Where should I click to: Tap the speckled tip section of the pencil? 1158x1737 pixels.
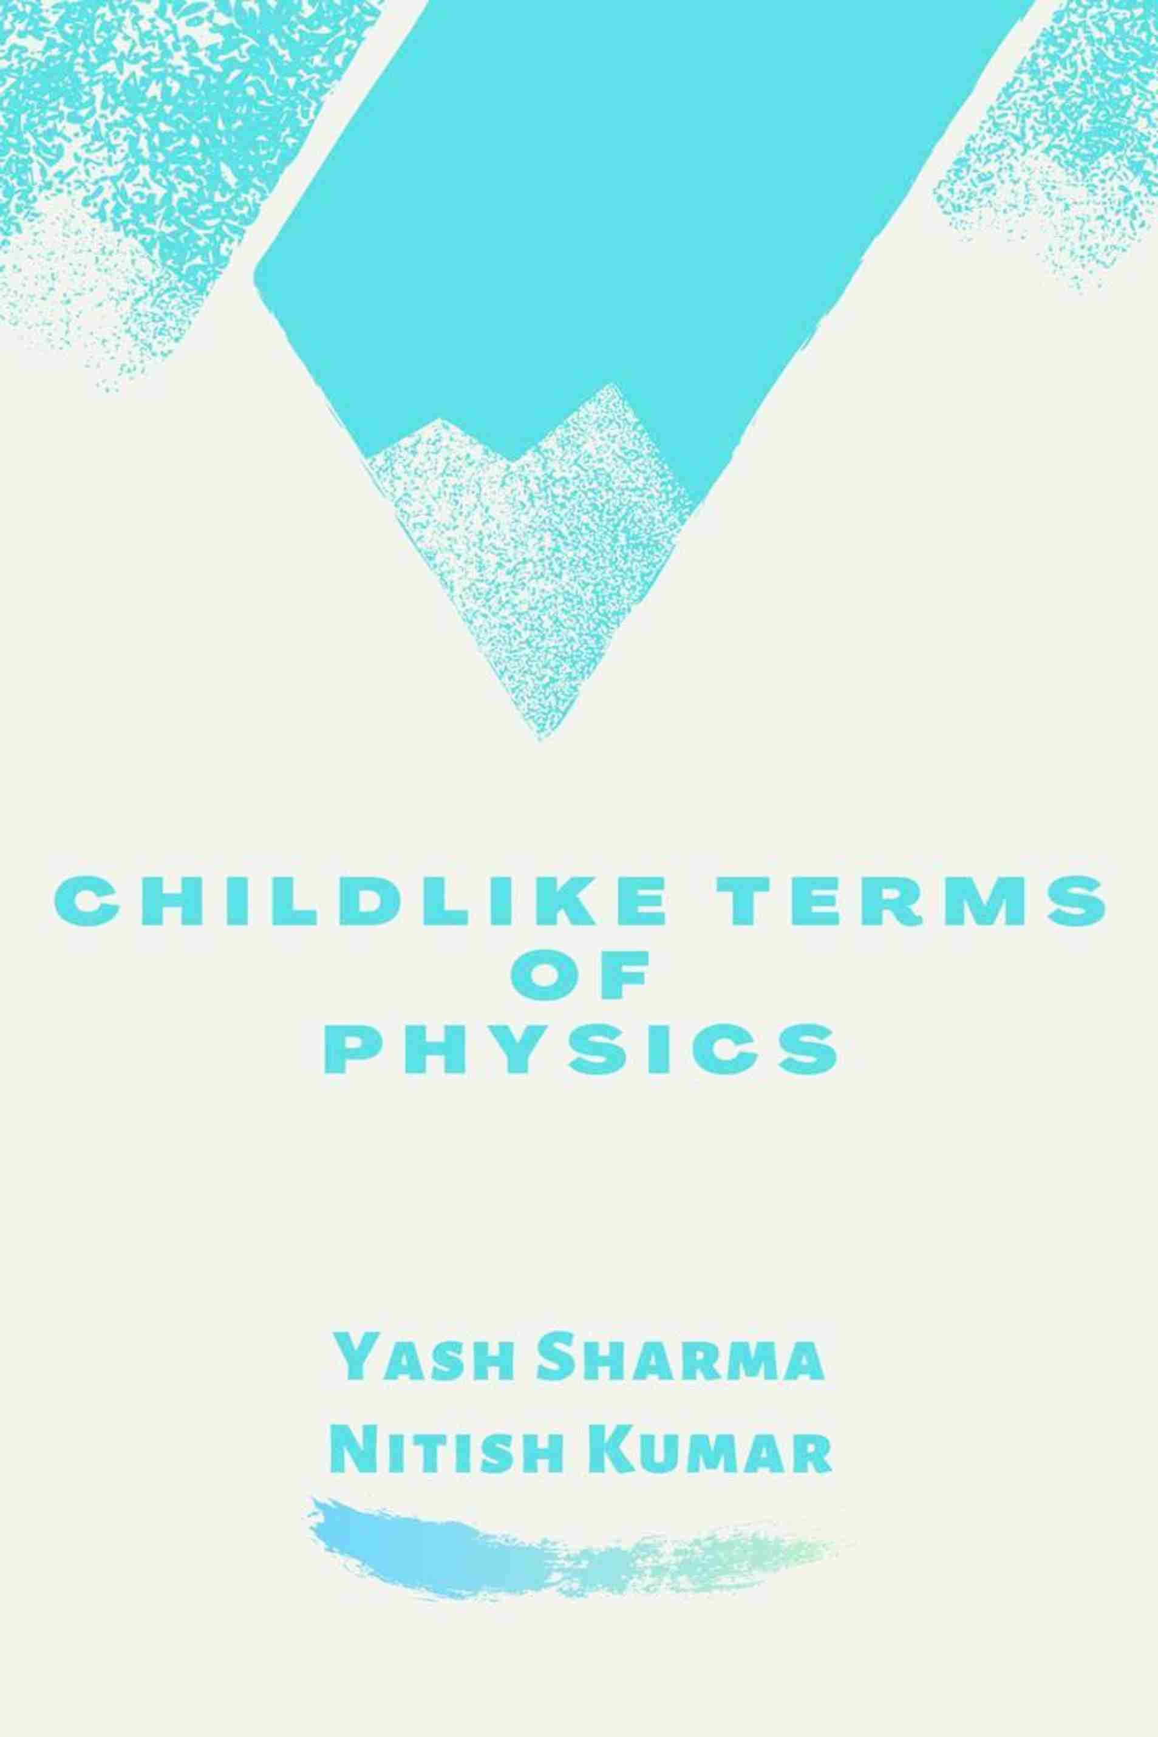click(528, 561)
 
